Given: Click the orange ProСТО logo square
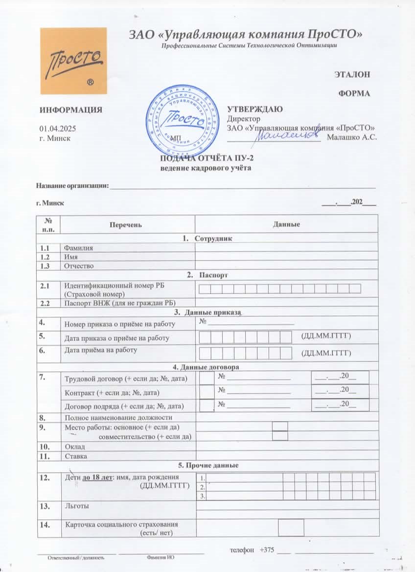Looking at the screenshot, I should [x=73, y=61].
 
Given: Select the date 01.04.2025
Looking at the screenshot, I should [x=57, y=128].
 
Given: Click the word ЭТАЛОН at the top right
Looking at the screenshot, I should [x=352, y=75].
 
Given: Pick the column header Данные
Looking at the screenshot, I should [x=286, y=224].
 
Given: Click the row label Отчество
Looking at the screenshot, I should [x=79, y=266].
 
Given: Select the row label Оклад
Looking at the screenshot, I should [x=75, y=447].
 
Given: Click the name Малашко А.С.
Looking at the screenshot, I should [x=351, y=138].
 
